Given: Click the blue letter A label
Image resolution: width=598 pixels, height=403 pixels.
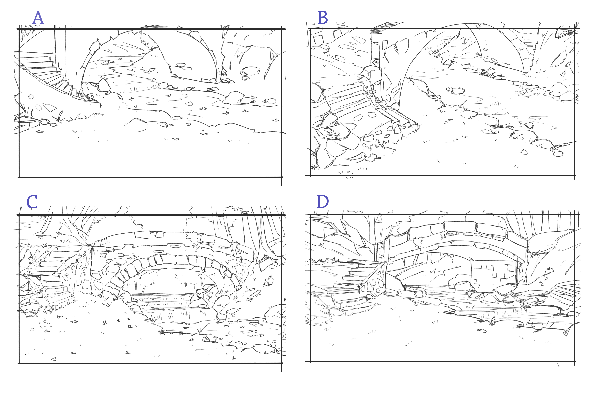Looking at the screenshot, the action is tap(38, 18).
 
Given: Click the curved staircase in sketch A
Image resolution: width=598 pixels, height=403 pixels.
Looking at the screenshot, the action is tap(49, 75).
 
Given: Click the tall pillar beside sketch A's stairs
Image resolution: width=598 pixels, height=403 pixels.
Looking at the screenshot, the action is tap(60, 51).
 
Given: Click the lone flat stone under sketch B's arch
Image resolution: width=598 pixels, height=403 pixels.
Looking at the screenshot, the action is tap(455, 90).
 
